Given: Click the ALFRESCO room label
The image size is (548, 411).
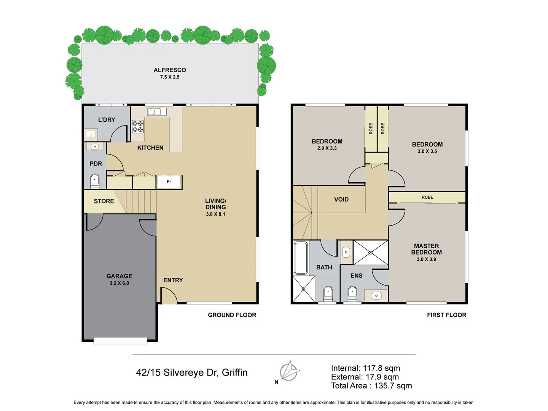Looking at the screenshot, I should coord(170,70).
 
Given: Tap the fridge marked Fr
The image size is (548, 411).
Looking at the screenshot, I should coord(169,182).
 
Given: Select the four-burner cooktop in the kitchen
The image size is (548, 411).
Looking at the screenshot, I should coord(138,126).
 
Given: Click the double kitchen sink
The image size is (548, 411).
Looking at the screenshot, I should coord(157,112).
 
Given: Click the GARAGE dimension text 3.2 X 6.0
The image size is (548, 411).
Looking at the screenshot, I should coord(119,283).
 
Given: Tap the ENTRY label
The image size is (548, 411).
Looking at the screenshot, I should coord(173,280).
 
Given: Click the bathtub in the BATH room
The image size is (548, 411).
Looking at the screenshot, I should coord(301,258).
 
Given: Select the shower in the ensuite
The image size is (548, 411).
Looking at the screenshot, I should coord(370,252).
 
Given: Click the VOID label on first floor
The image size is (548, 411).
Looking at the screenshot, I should coord(341,199).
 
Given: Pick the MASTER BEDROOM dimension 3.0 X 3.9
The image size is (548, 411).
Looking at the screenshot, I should coord(426,259).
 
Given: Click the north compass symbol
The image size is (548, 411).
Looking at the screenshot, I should coord(289,371).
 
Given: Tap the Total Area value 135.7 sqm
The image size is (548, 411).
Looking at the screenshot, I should coord(393,386).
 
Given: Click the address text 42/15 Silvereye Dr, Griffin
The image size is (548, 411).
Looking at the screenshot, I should coord(192,372).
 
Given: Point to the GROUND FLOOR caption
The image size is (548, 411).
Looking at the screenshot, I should coord(232,315).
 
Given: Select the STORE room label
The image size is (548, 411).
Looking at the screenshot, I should coord(104,201).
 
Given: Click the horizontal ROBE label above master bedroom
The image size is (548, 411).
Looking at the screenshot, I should coord(427,197).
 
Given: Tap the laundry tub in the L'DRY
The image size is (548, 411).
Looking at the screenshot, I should coord(91,135).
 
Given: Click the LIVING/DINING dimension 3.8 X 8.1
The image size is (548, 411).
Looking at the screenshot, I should coord(215,214).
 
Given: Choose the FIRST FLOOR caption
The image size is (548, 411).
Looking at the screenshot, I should coord(446,315).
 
